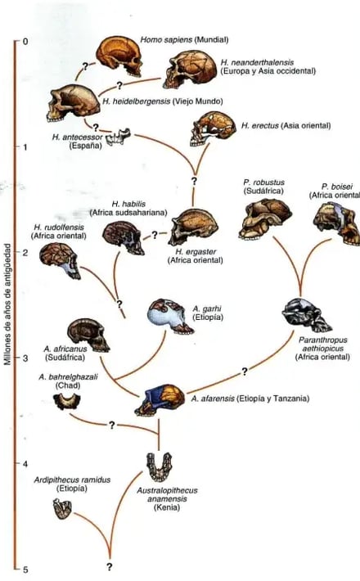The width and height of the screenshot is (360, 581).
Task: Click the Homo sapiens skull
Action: point(119,56)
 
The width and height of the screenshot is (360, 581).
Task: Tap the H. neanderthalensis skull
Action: point(190,70)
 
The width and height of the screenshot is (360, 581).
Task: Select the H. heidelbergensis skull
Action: point(73,103)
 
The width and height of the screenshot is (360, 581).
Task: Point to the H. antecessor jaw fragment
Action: point(118,136)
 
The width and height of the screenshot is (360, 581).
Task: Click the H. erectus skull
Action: point(213,128)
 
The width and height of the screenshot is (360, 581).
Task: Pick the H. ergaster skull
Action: point(192,227)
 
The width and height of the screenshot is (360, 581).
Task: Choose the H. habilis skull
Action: point(124,237)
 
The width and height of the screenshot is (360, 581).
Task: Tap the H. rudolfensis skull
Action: point(60,260)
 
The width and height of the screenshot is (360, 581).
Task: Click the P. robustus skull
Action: point(265,218)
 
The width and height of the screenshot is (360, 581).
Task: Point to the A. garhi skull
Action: point(170,317)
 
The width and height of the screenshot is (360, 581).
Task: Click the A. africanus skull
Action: point(88,335)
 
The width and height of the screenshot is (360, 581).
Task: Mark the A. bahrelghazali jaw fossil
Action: point(66,401)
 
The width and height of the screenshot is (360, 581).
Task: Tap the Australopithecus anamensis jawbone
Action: point(159,466)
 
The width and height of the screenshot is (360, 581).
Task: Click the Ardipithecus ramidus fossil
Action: point(62,508)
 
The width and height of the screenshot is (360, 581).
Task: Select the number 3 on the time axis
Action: point(25,358)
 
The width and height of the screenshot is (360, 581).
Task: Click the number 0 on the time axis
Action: point(25,41)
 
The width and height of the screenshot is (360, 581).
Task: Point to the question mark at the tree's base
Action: point(110,566)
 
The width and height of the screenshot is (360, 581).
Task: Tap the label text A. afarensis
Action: point(213,399)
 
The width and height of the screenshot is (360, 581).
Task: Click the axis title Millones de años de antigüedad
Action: point(7,304)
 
